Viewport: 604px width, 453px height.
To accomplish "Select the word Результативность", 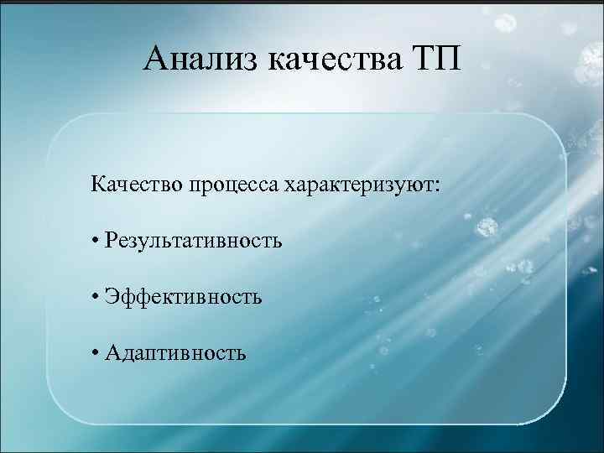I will tap(194, 241).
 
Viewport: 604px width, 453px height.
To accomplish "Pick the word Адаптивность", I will tap(176, 351).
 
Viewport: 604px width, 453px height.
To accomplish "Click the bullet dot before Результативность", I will tap(97, 242).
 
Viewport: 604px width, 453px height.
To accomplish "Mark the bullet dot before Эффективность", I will tap(97, 297).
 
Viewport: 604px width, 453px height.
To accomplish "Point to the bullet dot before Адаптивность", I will tap(97, 352).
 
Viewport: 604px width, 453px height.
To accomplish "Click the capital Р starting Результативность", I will tap(112, 241).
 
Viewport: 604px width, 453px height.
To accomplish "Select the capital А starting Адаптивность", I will tap(113, 351).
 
